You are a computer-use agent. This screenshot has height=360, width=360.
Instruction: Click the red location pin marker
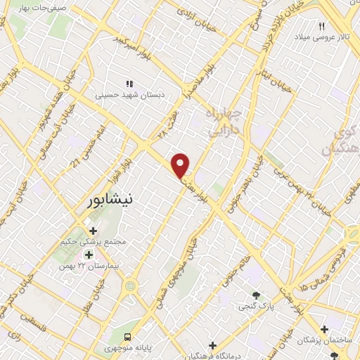(x=181, y=165)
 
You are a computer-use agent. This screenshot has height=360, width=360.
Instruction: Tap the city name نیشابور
(x=108, y=200)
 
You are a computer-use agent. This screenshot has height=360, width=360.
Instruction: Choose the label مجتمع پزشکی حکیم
(x=94, y=241)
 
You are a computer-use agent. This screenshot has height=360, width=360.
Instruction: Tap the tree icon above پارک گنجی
(x=256, y=295)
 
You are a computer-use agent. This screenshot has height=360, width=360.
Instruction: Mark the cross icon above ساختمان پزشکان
(x=324, y=329)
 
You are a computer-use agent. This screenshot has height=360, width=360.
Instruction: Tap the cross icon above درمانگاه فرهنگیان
(x=213, y=345)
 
